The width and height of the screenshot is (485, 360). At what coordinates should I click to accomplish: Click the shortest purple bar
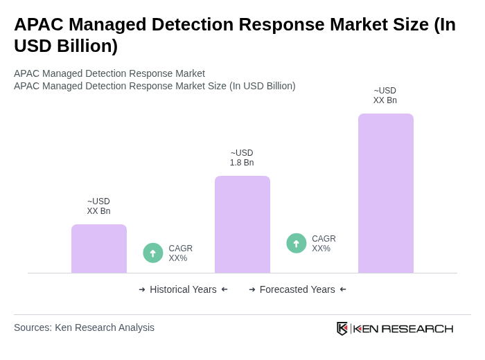coord(99,249)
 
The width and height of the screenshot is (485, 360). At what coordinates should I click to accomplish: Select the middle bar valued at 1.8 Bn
coord(242,224)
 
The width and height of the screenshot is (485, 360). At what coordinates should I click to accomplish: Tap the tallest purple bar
coord(386,193)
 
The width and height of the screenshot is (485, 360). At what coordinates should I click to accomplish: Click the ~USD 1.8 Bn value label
coord(242,158)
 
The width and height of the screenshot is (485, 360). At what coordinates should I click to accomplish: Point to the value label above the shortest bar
coord(98,206)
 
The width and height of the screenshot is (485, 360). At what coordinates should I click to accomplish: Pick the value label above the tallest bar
coord(385,96)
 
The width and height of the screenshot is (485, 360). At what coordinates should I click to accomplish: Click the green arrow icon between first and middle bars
coord(153,253)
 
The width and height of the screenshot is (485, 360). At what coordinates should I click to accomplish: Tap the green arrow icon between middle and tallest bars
coord(297,243)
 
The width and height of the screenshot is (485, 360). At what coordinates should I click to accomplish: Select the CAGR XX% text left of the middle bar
coord(180,253)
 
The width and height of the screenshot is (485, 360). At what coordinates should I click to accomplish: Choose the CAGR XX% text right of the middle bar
coord(324,244)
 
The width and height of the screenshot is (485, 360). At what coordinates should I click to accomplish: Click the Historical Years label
coord(183,289)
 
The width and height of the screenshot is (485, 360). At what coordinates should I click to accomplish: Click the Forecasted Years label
coord(297,289)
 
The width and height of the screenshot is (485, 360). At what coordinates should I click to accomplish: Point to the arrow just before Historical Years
coord(142,289)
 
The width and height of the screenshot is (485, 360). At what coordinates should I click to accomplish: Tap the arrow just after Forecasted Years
coord(343,289)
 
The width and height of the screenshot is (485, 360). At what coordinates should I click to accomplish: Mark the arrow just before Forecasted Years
coord(252,289)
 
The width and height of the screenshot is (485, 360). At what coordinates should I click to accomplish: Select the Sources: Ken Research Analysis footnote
coord(84,327)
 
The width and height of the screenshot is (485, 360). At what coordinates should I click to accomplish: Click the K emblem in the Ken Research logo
coord(342,328)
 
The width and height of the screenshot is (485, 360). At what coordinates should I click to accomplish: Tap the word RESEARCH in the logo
coord(417,328)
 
